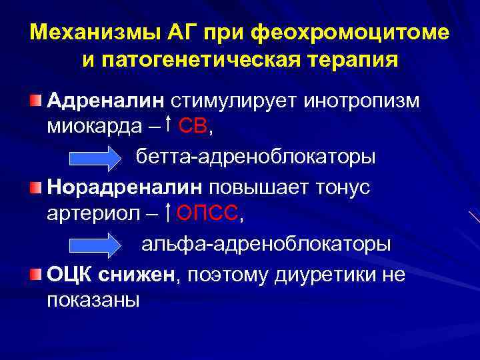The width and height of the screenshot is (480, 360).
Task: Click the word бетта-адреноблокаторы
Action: point(256,157)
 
